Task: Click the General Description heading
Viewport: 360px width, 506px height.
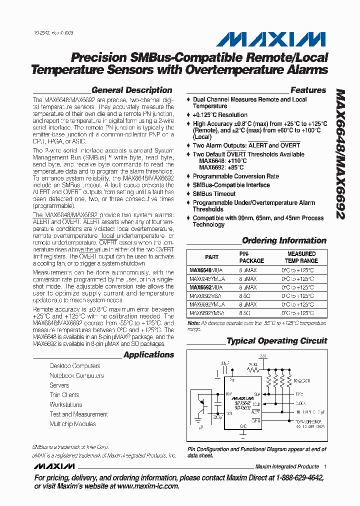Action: [x=131, y=90]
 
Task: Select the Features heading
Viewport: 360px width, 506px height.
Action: [x=308, y=90]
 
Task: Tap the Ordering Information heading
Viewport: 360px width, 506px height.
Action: [x=284, y=240]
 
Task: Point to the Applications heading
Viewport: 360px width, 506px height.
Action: [x=148, y=354]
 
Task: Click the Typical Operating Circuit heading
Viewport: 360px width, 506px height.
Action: [x=277, y=341]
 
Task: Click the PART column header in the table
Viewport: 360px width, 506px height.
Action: [x=211, y=257]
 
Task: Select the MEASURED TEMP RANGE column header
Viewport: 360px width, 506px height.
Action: [x=301, y=257]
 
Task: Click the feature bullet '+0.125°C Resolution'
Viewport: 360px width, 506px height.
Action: [x=220, y=115]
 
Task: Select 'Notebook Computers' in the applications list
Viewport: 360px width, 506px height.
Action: [x=76, y=375]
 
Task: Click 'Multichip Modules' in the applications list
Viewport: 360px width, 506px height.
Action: [x=72, y=423]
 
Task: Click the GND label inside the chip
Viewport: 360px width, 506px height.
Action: [x=244, y=426]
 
